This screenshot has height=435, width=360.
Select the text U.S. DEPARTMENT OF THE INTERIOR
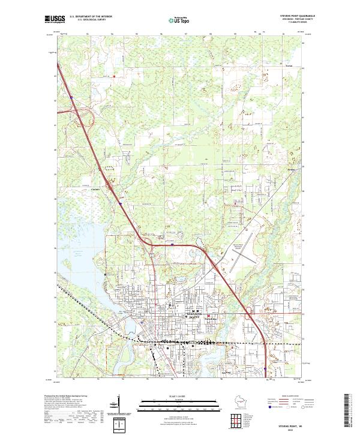coord(91,17)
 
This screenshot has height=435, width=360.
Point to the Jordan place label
coord(291,170)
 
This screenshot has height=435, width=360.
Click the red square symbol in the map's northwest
coord(113,76)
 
